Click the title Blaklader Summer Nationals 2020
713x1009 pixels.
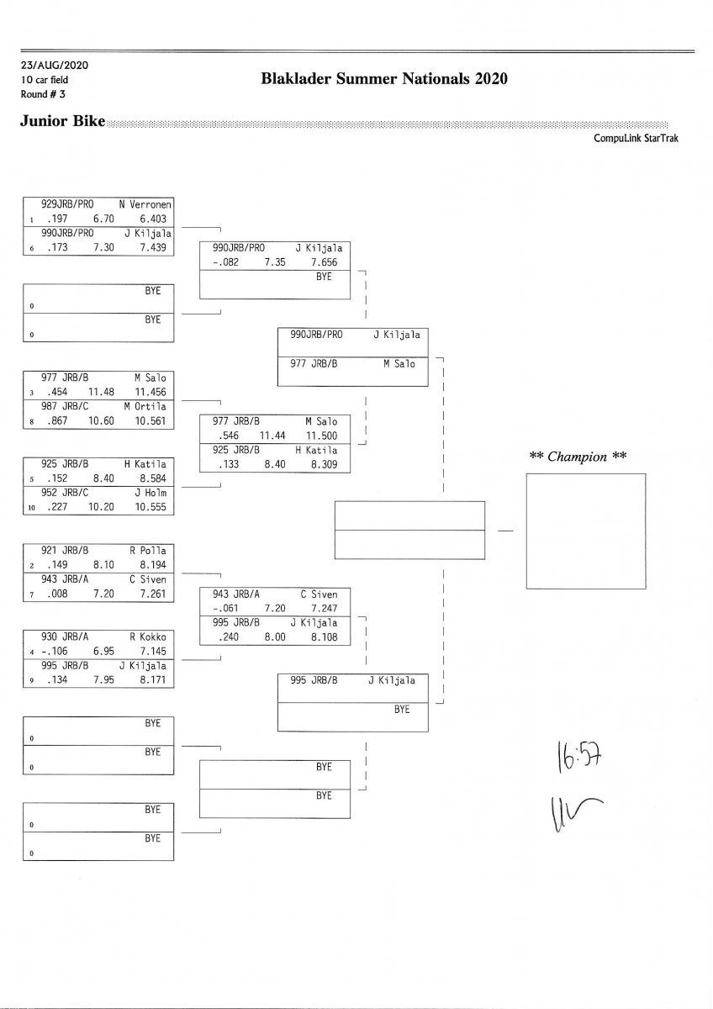385,79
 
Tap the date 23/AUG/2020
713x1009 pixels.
55,65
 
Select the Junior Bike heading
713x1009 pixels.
62,121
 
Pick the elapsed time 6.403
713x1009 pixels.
154,219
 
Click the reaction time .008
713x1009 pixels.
57,594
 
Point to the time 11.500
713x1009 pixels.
321,436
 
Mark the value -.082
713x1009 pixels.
225,262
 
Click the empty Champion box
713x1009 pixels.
585,531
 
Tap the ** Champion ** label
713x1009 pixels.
578,457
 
